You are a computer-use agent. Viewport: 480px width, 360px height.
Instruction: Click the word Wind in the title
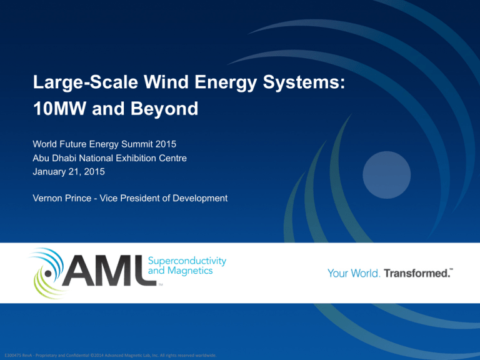[x=166, y=82]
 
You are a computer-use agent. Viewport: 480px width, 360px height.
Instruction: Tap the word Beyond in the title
[x=164, y=109]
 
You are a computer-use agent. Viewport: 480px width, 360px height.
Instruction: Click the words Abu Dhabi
[x=54, y=158]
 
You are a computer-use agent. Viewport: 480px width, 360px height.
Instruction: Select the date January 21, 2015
[x=69, y=171]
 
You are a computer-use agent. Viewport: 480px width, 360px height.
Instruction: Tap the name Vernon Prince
[x=62, y=198]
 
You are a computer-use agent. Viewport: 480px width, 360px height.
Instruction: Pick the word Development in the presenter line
[x=200, y=198]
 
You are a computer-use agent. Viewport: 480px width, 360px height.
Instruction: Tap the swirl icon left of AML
[x=46, y=273]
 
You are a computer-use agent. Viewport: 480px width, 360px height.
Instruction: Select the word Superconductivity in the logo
[x=187, y=261]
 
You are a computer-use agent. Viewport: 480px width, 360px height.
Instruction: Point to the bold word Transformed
[x=417, y=273]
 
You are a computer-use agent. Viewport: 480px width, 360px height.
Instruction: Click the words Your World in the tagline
[x=354, y=273]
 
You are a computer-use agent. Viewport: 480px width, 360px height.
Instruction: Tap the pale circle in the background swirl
[x=387, y=175]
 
